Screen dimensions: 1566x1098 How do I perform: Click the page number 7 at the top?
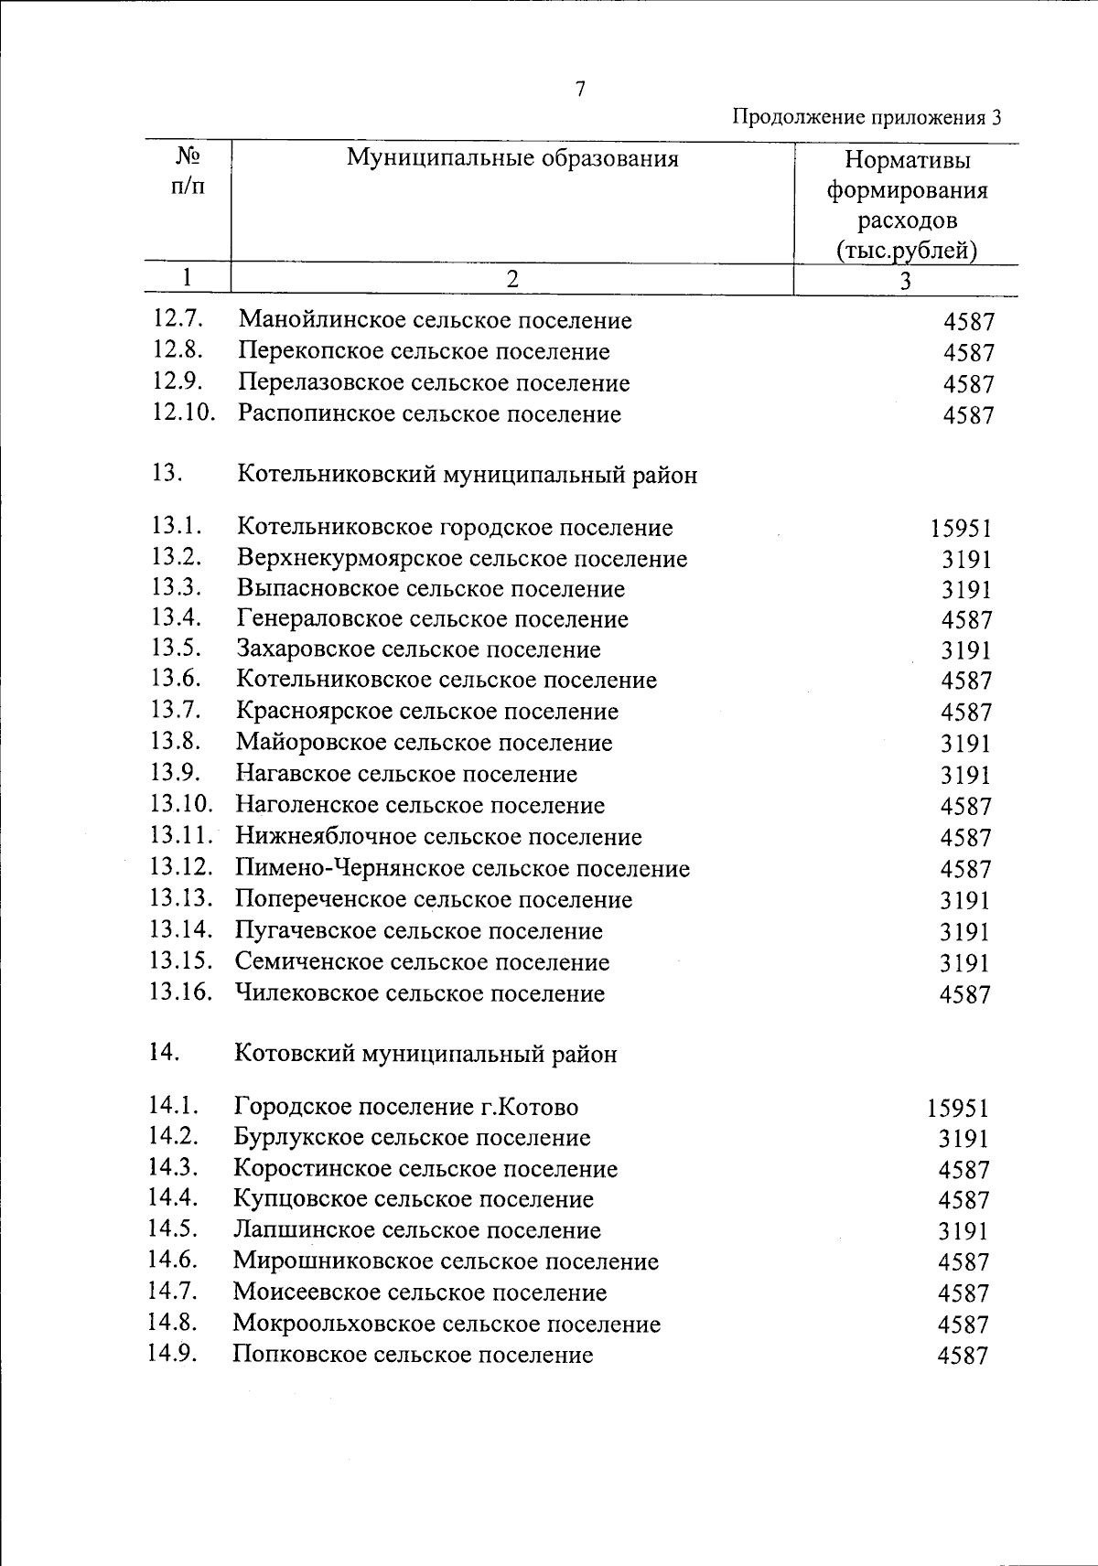(579, 89)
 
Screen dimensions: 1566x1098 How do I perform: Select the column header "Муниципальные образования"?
(512, 159)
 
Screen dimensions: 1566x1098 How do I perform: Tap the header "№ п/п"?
(187, 170)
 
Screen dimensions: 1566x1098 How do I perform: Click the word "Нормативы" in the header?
(907, 161)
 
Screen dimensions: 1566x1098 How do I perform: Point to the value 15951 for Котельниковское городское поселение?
(961, 529)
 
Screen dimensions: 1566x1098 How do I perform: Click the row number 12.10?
(183, 413)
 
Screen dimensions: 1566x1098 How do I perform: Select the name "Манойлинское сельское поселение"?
(435, 321)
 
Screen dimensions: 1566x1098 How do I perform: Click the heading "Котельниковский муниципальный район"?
(467, 476)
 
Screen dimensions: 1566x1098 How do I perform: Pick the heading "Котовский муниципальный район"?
(425, 1055)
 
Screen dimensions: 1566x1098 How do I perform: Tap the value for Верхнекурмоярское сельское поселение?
(967, 560)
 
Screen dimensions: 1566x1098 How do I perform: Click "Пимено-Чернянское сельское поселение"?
(462, 868)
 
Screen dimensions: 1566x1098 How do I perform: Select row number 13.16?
(181, 992)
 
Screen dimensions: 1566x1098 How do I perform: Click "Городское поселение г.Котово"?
(406, 1108)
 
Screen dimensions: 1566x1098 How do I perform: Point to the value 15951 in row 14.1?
(957, 1109)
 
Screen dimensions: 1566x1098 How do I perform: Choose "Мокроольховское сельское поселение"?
(447, 1324)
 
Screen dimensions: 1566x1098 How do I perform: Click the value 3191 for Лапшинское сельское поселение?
(963, 1231)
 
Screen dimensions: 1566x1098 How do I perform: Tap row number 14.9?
(174, 1354)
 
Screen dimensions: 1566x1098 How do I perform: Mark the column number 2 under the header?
(511, 280)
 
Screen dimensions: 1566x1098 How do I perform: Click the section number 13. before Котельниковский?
(168, 474)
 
